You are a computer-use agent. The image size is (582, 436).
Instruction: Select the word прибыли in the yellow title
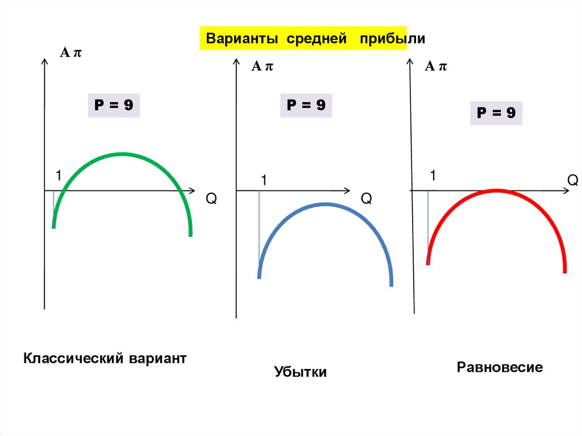click(x=392, y=39)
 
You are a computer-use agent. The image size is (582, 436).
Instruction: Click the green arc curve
click(x=122, y=154)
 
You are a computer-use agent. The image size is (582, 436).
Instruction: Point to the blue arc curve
click(x=325, y=205)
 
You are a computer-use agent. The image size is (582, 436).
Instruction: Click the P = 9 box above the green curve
click(x=114, y=106)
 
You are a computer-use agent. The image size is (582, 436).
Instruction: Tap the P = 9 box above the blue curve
click(x=306, y=105)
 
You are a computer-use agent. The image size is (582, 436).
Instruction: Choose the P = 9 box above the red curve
click(x=496, y=113)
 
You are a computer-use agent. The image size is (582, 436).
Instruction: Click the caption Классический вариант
click(x=105, y=359)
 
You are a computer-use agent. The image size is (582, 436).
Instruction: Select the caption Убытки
click(x=301, y=372)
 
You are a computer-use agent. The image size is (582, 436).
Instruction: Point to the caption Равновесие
click(x=500, y=367)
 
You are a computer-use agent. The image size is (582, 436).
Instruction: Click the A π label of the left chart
click(x=72, y=53)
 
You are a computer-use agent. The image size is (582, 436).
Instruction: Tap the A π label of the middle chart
click(x=263, y=67)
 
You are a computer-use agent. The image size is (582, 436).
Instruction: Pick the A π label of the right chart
click(x=436, y=67)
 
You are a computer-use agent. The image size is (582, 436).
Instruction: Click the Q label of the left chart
click(x=211, y=199)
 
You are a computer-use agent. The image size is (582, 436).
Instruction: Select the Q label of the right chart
click(x=572, y=181)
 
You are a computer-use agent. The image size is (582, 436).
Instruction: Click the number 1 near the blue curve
click(x=264, y=180)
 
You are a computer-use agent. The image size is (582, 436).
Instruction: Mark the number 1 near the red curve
click(x=433, y=176)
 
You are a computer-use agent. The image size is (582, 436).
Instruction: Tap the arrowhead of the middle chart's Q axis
click(x=347, y=190)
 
